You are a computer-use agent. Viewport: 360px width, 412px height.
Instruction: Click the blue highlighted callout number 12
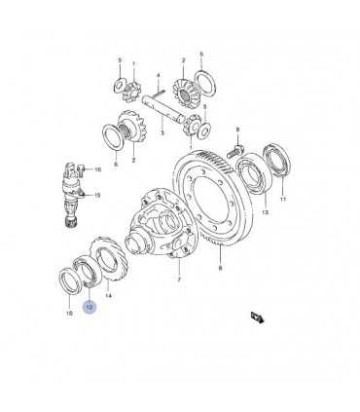click(x=90, y=307)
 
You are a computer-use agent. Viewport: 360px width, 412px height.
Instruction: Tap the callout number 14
click(x=108, y=296)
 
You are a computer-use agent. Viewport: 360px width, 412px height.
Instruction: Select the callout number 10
click(x=69, y=314)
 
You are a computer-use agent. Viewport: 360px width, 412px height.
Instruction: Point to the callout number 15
click(x=97, y=195)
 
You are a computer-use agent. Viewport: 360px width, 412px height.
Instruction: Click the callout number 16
click(x=97, y=169)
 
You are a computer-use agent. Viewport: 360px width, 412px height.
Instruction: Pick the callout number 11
click(x=283, y=199)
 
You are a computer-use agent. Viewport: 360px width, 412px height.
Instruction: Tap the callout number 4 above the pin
click(x=159, y=76)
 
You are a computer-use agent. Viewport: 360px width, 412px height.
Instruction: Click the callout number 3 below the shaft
click(x=162, y=133)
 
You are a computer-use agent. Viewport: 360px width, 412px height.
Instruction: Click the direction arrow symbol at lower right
click(x=258, y=318)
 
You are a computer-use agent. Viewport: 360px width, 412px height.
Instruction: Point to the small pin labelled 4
click(x=160, y=94)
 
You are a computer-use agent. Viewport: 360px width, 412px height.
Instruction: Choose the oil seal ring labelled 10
click(x=70, y=280)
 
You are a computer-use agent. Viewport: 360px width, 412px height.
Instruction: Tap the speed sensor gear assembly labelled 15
click(x=72, y=195)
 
